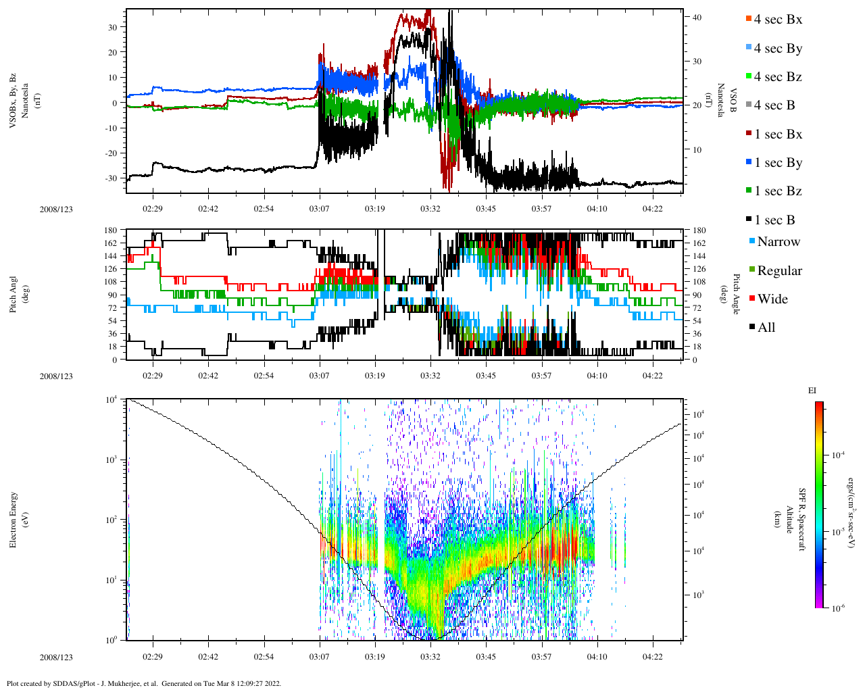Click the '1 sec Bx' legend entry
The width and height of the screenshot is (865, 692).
[x=778, y=134]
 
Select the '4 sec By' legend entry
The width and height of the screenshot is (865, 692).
[x=778, y=48]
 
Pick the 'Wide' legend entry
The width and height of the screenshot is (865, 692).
[x=772, y=299]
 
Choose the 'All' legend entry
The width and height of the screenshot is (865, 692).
[x=766, y=327]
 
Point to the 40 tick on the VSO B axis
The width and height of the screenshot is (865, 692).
[x=697, y=17]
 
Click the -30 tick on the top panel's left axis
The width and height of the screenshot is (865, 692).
[x=111, y=178]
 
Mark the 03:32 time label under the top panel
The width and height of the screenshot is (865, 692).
[x=430, y=209]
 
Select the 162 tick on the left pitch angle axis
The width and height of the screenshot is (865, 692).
[x=110, y=243]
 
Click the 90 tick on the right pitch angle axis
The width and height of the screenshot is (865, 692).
[x=699, y=295]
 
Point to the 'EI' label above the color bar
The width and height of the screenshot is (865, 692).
[x=812, y=391]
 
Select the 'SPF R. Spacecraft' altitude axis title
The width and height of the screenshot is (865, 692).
[x=803, y=519]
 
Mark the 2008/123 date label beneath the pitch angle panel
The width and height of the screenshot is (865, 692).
[x=56, y=376]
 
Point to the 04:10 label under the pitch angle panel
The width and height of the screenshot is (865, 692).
[x=597, y=376]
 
